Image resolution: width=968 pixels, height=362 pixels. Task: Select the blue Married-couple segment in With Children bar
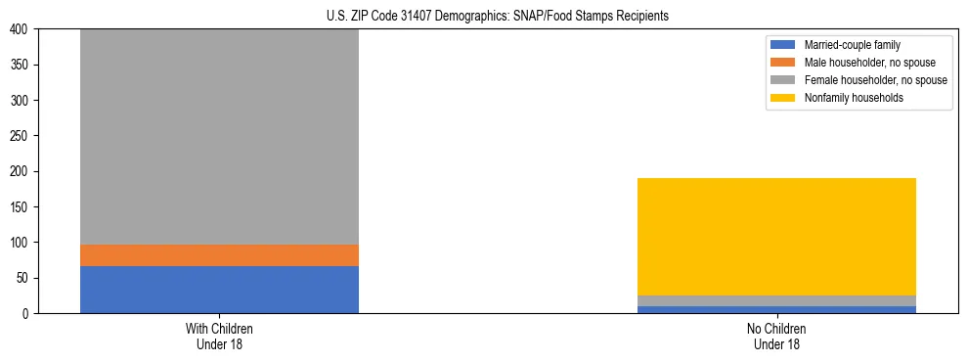point(219,290)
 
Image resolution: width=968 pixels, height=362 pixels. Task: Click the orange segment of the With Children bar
point(219,255)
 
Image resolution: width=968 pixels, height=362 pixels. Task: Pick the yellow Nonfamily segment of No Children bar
point(776,237)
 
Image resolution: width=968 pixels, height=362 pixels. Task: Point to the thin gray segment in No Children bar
point(776,301)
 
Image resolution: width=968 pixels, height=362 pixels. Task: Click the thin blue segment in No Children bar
point(776,309)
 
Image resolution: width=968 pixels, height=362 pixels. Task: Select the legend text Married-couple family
point(852,45)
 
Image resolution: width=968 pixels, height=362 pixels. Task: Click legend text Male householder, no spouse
point(865,63)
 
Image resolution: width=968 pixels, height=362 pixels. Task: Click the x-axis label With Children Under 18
point(219,336)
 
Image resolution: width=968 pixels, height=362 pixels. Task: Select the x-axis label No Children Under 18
point(776,336)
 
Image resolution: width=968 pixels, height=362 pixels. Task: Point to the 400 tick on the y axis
point(22,29)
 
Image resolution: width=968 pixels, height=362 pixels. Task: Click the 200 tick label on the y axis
point(22,171)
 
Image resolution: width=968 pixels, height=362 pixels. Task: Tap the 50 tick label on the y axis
point(24,278)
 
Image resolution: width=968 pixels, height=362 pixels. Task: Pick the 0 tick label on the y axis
point(28,313)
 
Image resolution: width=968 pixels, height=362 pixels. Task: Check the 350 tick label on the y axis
point(22,65)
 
